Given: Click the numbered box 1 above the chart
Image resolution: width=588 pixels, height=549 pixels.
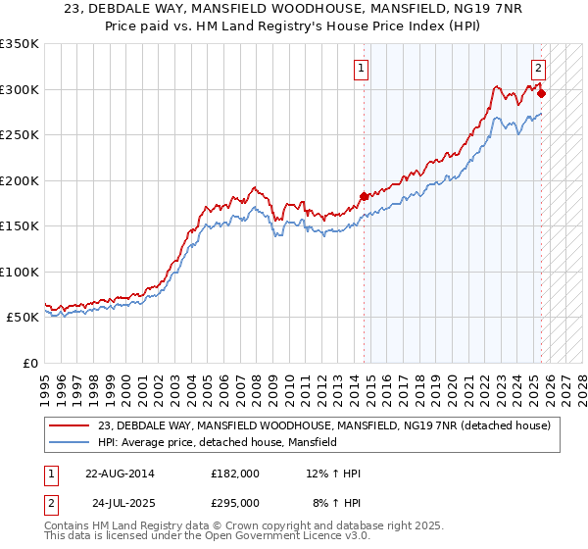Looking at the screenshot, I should point(362,69).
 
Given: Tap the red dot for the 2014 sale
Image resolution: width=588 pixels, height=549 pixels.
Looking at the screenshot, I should point(364,196).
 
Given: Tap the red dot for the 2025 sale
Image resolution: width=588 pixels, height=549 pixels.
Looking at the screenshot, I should point(542,94).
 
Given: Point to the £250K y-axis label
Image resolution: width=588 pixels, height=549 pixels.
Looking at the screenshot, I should point(20,135).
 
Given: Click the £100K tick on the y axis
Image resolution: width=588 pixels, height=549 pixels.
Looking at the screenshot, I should point(20,272).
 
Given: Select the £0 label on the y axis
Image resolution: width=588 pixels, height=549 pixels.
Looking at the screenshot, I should point(29,363).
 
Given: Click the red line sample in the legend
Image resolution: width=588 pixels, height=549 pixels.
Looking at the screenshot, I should point(69,425).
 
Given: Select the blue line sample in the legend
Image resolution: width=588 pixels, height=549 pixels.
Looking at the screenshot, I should point(69,442).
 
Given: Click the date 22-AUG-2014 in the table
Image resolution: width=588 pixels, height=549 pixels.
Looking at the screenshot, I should point(120,474).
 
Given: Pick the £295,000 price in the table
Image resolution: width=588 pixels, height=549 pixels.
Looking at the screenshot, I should point(234,502).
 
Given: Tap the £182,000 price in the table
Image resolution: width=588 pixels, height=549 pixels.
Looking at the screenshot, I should point(234,474).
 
